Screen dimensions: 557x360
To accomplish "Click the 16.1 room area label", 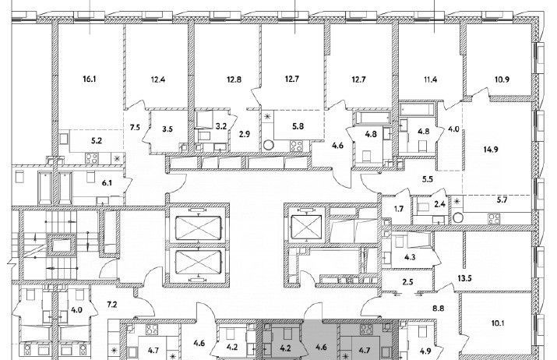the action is pos(89,79).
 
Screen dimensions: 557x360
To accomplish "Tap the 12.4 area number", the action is pos(157,79).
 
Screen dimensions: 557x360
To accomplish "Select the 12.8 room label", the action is pos(234,79).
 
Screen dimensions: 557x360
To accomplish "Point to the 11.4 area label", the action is pos(430,79).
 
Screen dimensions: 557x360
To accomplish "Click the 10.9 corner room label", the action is pos(502,79).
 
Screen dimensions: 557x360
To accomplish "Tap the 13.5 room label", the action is pos(464,279).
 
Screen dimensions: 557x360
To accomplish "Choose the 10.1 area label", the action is pos(498,323).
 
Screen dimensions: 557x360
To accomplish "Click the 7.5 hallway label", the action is pos(135,128).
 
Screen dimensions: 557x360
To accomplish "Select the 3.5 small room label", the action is pos(167,129).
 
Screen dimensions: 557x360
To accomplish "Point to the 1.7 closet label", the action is pos(399,209).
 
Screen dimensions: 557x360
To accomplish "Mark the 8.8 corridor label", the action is pos(439,309).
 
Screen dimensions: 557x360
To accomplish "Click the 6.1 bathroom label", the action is pos(107,183).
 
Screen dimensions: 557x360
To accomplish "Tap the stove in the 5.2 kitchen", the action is pos(92,158).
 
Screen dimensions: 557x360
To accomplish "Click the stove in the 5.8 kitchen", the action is pos(297,146).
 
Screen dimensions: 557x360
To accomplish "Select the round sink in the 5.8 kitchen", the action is pos(269,146).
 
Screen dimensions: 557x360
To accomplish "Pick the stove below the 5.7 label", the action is pos(494,218).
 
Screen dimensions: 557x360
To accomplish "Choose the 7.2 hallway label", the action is pos(112,305).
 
